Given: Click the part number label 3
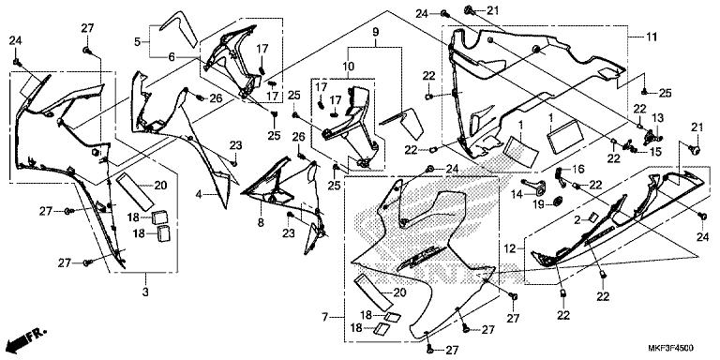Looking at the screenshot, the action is point(145,292).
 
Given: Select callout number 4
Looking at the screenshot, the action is point(199,195).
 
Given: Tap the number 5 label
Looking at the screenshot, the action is point(137,42).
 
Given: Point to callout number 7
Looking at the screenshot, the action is point(324,317).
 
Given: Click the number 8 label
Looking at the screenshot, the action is point(261,222).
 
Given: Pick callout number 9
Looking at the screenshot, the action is point(375,32).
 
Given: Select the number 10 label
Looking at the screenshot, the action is point(348,67).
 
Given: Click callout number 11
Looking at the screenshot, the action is point(652,37).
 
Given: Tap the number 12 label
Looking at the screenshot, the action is point(511,249).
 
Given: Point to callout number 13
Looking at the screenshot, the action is point(658,118).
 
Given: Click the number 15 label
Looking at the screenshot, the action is point(655,151).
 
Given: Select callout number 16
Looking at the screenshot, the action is point(578,170).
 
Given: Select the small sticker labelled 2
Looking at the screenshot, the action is point(593,216).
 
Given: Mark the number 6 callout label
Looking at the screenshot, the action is point(172,57).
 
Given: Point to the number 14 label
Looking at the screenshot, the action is point(517,195).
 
